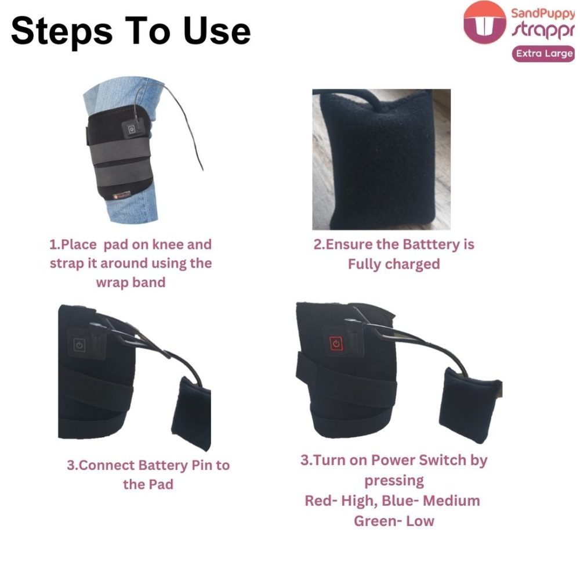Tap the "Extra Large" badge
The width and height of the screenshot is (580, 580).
click(x=543, y=53)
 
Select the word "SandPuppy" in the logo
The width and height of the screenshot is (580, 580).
click(x=543, y=14)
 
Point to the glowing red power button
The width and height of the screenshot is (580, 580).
click(x=336, y=344)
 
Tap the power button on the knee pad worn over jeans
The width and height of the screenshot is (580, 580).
click(x=131, y=129)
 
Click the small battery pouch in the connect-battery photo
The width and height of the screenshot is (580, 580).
click(x=191, y=413)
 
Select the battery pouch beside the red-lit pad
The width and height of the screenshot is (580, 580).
click(x=470, y=405)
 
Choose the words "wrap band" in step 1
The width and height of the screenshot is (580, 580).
click(x=130, y=283)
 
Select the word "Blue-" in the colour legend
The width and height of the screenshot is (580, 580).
click(x=400, y=500)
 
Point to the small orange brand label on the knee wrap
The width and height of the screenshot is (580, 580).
click(x=122, y=195)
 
